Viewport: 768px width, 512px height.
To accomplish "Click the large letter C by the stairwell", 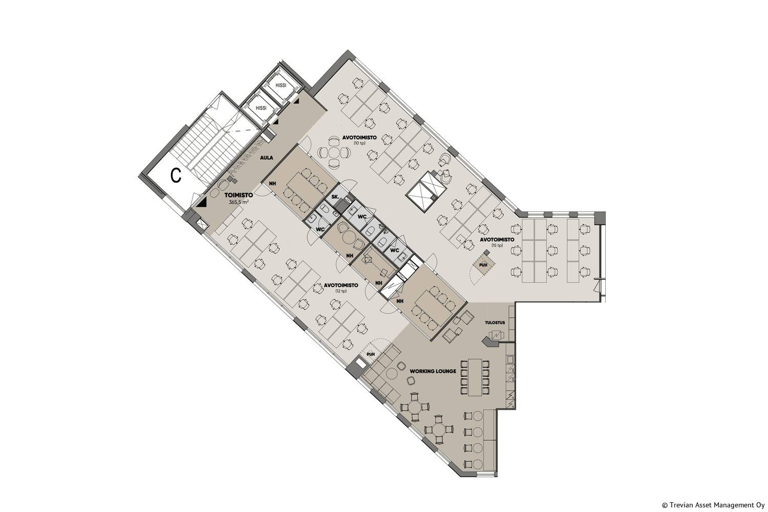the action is click(x=176, y=176).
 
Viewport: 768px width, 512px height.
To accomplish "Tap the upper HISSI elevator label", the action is click(x=281, y=86).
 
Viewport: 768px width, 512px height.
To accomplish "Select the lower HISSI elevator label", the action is click(x=261, y=108).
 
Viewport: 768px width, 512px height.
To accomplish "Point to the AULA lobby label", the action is click(x=266, y=158).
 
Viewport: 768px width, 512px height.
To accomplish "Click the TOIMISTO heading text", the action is click(x=239, y=195).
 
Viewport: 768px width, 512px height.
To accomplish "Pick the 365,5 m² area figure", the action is click(x=239, y=202).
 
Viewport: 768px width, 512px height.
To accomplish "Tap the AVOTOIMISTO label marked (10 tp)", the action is click(x=359, y=138).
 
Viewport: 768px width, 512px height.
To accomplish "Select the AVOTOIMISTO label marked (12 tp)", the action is click(x=341, y=285).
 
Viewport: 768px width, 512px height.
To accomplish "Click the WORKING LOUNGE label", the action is click(x=433, y=371).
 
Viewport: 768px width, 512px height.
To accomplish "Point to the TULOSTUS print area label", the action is click(x=495, y=323).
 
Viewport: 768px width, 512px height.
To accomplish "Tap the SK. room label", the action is click(x=336, y=197).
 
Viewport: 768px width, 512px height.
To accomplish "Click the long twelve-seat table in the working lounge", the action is click(x=475, y=377).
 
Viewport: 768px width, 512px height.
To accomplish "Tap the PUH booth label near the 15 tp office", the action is click(x=483, y=264).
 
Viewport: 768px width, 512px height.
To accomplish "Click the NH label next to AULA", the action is click(x=272, y=183).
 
